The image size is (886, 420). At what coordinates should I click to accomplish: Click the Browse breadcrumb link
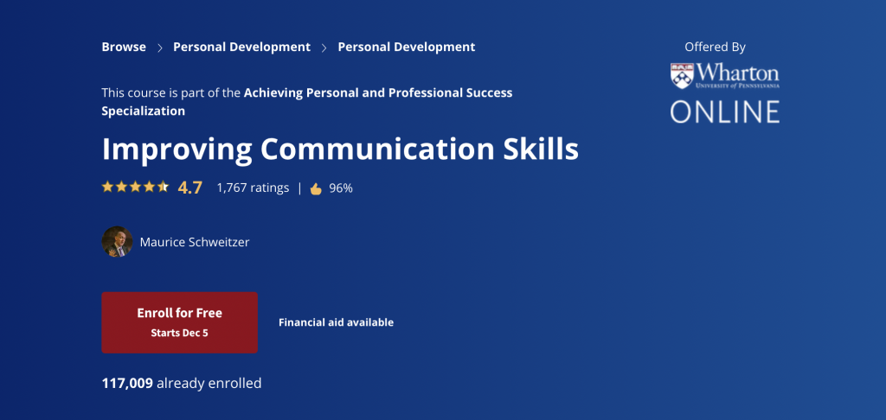click(x=124, y=47)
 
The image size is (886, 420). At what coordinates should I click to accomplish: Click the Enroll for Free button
click(x=180, y=322)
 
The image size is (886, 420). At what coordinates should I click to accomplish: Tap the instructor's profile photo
click(x=117, y=242)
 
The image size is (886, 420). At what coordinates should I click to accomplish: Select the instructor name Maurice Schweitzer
click(x=195, y=242)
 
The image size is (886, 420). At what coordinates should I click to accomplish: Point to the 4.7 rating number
click(x=189, y=188)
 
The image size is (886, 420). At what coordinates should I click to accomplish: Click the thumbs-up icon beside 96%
click(x=316, y=188)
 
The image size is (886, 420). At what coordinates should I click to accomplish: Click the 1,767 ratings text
click(x=253, y=188)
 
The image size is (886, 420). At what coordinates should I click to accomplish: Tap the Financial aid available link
click(x=337, y=322)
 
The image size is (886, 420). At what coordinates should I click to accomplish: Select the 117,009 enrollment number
click(x=127, y=384)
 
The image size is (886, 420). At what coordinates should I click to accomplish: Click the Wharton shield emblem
click(x=682, y=76)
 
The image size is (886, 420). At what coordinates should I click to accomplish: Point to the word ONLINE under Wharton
click(x=725, y=111)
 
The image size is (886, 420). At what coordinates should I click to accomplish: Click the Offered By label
click(x=715, y=48)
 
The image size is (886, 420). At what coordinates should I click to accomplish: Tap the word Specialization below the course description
click(x=143, y=111)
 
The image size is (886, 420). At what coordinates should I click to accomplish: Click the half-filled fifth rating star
click(x=163, y=187)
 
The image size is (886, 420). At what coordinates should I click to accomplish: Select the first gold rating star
click(x=107, y=187)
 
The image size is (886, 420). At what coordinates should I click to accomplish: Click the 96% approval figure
click(x=341, y=188)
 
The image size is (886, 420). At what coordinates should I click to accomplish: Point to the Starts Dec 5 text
click(x=180, y=333)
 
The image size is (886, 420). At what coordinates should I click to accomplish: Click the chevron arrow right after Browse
click(x=160, y=48)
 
